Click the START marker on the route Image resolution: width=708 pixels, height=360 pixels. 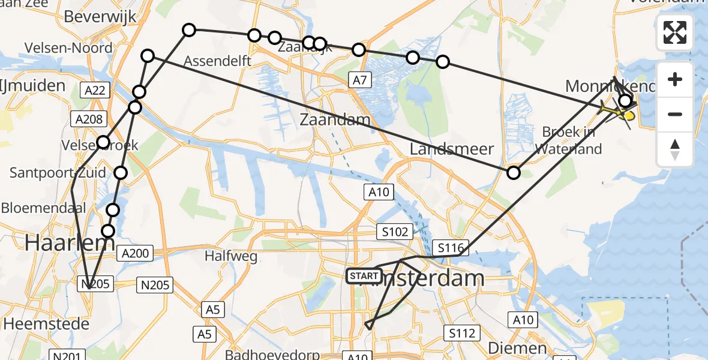364,276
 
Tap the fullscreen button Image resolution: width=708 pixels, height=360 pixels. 675,32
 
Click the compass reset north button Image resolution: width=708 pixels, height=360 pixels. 675,149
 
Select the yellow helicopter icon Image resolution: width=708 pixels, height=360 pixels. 618,111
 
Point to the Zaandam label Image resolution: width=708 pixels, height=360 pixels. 335,119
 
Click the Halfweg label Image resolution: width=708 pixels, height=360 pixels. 231,256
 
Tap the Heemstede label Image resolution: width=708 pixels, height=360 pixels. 46,324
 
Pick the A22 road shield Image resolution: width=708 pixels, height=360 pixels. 94,90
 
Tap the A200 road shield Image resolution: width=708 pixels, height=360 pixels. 135,253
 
